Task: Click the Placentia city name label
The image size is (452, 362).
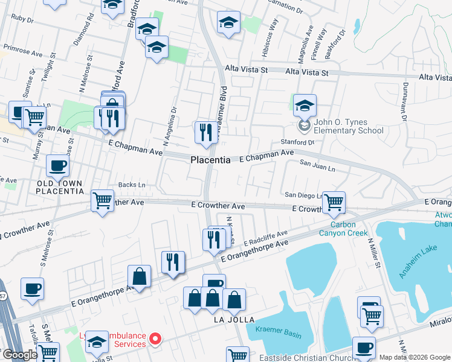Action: click(x=210, y=160)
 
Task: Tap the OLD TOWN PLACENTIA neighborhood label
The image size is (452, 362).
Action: click(x=59, y=187)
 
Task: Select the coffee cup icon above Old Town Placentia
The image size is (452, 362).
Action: click(x=57, y=165)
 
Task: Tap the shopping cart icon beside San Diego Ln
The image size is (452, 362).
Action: click(x=334, y=202)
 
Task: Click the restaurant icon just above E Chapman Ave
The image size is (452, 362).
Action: click(x=205, y=132)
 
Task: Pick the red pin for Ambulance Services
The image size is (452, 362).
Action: click(x=155, y=339)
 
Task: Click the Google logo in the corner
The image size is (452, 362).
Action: click(x=19, y=355)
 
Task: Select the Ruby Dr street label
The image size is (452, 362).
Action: click(x=22, y=19)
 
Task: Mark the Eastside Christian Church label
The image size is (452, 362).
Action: click(x=305, y=358)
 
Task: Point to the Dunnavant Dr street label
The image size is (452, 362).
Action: click(x=403, y=97)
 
